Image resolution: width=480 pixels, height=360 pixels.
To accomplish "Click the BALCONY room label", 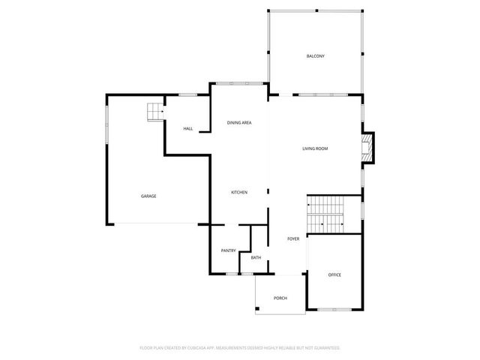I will (315, 57).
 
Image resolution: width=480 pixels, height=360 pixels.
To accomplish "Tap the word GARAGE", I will (148, 196).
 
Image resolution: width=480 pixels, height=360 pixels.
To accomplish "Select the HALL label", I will (188, 129).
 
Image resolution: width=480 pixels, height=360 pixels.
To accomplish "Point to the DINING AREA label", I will (239, 122).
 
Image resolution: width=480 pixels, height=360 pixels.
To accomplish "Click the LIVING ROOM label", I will (315, 148).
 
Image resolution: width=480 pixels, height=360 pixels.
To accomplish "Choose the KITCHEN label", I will (239, 193).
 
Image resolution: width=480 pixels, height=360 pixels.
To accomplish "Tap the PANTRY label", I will (229, 250).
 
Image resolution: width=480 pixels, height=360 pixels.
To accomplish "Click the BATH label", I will (256, 258).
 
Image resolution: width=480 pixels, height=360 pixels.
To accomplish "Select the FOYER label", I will (293, 239).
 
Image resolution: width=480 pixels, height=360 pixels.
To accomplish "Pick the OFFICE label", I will (334, 274).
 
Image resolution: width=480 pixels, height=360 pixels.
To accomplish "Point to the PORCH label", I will (280, 298).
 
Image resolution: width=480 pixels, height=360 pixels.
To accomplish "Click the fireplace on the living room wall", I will (367, 148).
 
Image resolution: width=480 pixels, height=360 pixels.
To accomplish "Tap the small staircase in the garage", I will (154, 112).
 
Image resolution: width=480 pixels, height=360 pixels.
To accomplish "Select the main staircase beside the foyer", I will (325, 214).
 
